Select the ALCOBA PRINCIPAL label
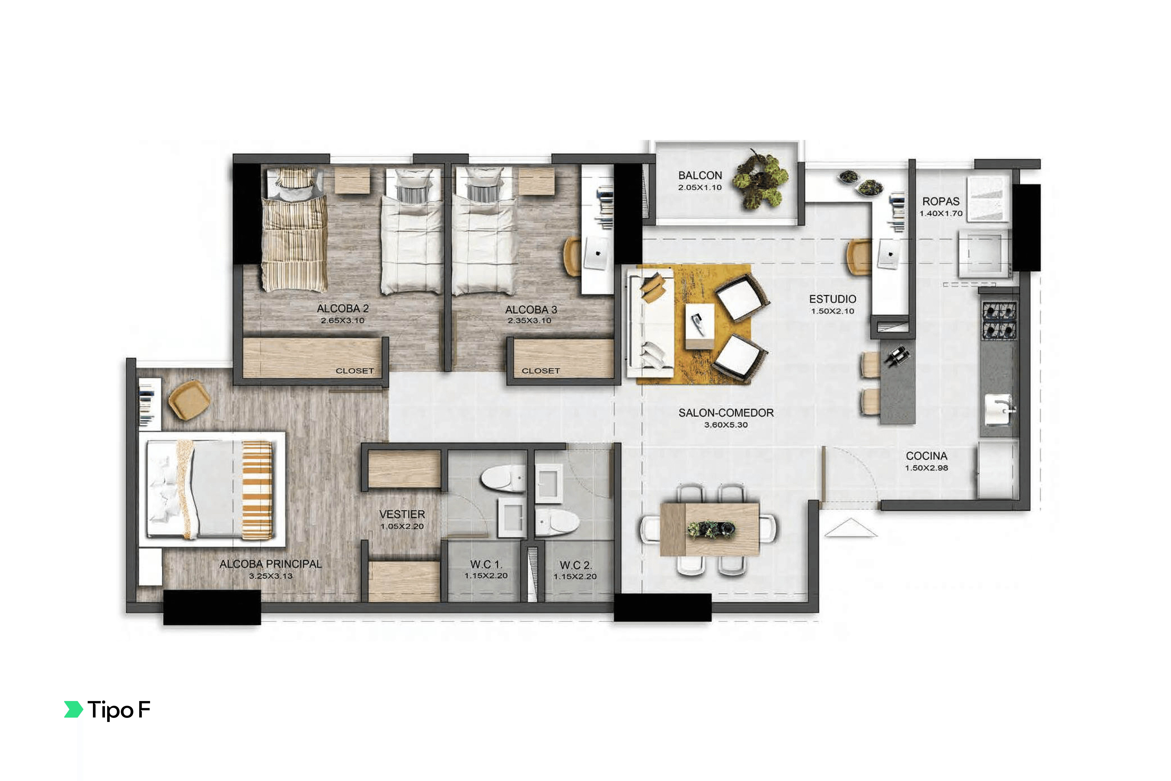tap(271, 564)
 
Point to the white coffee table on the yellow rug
tap(700, 326)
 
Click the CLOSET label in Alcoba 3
tap(541, 371)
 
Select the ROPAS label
tap(941, 201)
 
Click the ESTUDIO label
tap(833, 299)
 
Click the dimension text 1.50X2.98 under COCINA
tap(926, 468)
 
